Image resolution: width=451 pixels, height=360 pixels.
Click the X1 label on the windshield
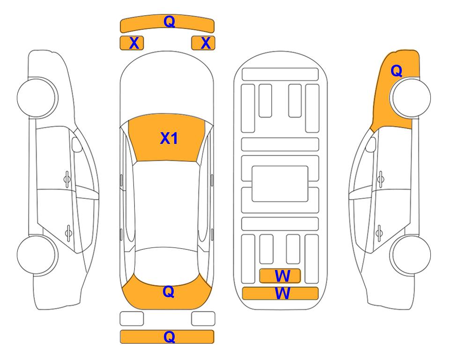pos(169,138)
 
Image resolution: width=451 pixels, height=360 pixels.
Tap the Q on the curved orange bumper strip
pos(169,21)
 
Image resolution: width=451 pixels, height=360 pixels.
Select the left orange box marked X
pos(132,43)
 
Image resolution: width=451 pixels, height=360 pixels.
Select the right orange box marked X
pos(203,43)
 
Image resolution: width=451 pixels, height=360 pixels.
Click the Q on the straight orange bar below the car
pos(169,337)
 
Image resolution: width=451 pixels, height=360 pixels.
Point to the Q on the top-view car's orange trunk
pos(169,292)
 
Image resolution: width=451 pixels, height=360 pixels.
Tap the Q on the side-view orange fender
pos(396,71)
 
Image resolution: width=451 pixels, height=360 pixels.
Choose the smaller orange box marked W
pos(280,276)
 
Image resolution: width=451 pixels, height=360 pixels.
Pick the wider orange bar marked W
pos(281,293)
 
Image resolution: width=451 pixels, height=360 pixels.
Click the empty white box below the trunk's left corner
pos(132,319)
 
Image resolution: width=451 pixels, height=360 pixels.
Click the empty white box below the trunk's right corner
pos(203,319)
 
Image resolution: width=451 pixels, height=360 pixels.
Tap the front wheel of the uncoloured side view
pos(37,97)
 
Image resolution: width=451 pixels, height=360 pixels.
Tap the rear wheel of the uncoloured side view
pos(37,255)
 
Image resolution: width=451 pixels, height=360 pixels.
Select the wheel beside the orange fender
pos(411,97)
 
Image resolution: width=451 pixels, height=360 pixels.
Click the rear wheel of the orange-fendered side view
pos(411,255)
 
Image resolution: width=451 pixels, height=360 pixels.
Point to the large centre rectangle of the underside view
pos(280,184)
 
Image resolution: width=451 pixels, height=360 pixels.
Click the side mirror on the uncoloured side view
pos(76,144)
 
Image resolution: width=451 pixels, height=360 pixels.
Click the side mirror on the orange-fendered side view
pos(371,144)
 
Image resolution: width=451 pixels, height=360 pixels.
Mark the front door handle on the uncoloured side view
pos(67,179)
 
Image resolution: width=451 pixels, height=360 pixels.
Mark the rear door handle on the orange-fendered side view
pos(379,233)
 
